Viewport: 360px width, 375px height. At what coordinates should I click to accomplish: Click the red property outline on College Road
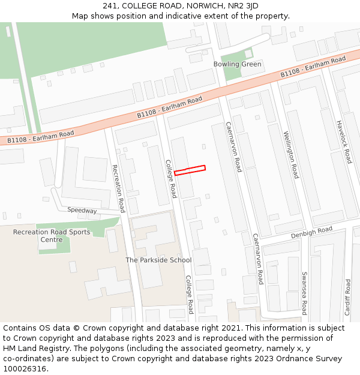click(190, 170)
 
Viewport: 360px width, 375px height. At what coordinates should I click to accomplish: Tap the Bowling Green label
click(238, 64)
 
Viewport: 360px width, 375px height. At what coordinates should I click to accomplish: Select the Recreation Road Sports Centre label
click(52, 236)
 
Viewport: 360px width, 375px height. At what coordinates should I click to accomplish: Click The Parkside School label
click(158, 260)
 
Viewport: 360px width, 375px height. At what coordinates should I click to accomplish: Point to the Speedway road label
click(82, 211)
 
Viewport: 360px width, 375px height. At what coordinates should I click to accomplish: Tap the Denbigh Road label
click(311, 232)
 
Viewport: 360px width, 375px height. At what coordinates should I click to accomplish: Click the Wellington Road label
click(291, 155)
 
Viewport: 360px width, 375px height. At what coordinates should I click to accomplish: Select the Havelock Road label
click(344, 142)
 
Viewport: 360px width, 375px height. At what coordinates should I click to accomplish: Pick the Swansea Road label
click(304, 293)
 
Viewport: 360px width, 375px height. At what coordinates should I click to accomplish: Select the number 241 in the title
click(119, 5)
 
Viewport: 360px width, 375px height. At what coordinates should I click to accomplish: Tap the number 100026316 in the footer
click(23, 368)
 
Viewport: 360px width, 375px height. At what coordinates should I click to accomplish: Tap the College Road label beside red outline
click(171, 179)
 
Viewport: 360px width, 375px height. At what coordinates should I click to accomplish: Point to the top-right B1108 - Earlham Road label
click(313, 67)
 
